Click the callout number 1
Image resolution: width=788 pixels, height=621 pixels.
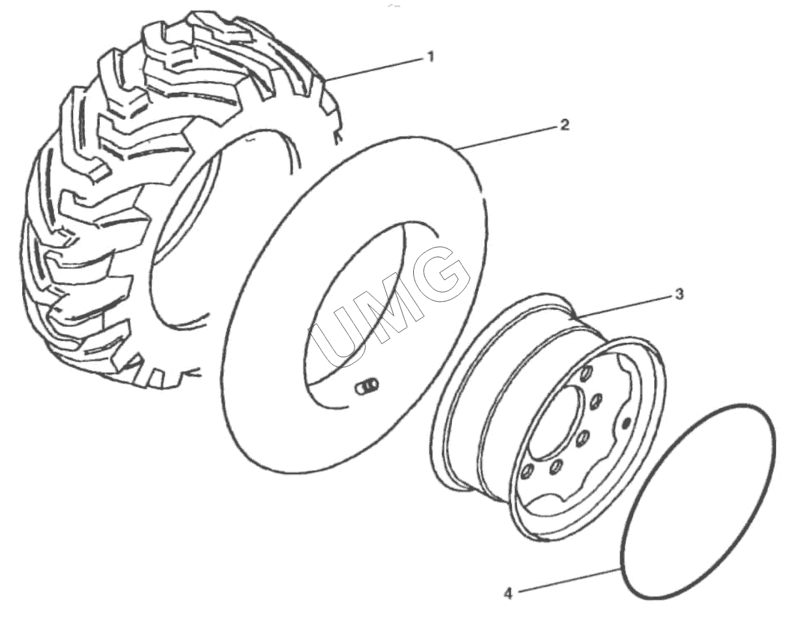point(431,57)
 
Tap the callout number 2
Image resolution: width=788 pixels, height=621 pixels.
point(565,125)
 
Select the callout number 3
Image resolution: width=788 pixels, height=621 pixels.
point(679,295)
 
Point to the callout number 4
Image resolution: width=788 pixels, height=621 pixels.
point(508,594)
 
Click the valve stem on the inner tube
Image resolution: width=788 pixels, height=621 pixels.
point(368,387)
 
